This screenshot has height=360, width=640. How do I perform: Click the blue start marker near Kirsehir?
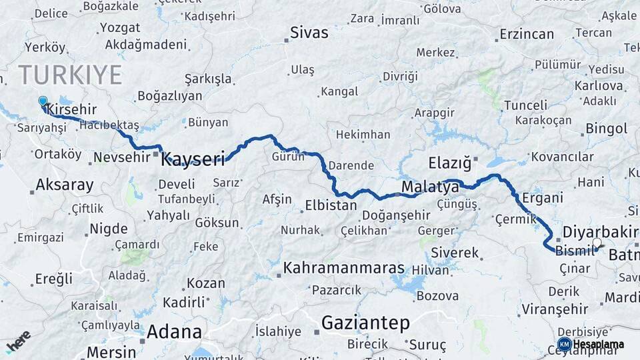(x=43, y=101)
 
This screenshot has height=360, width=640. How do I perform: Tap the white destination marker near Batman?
(x=597, y=243)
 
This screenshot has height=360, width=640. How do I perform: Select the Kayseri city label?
(x=193, y=159)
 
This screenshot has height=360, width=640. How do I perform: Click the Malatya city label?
(x=430, y=187)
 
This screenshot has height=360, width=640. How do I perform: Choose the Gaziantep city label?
(x=365, y=323)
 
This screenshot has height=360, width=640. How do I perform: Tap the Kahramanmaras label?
(x=344, y=268)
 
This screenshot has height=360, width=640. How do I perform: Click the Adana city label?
(x=174, y=331)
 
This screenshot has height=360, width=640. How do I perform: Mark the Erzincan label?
(x=527, y=34)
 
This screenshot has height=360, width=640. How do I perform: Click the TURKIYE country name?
(x=70, y=75)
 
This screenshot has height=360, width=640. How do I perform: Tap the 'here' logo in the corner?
(x=18, y=341)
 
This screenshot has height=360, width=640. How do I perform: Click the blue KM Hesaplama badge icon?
(x=564, y=344)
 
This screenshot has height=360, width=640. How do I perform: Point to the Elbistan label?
(x=331, y=205)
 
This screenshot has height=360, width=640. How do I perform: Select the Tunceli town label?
(x=525, y=105)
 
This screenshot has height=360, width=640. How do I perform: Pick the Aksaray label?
(x=65, y=185)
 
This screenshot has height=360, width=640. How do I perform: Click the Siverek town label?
(x=455, y=253)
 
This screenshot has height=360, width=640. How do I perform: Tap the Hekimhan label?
(x=363, y=135)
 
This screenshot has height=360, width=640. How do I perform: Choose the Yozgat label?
(x=120, y=28)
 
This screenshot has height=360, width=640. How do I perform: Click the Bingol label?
(x=607, y=128)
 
